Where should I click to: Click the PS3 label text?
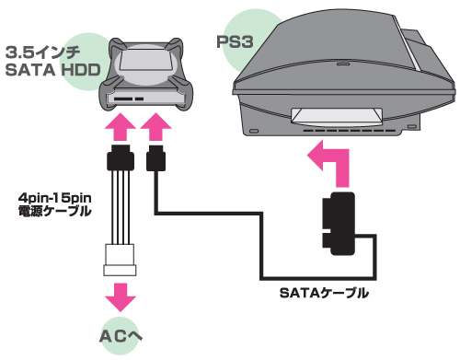[x=235, y=42]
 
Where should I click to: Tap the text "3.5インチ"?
[x=43, y=52]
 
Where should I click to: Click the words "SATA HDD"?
[x=53, y=70]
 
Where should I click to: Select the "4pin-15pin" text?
[x=55, y=198]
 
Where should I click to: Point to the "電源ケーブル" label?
[x=55, y=211]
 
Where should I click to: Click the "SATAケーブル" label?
[x=324, y=293]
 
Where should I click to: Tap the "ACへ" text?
[x=121, y=336]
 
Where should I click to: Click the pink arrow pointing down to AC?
[x=121, y=296]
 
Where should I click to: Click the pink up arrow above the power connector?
[x=121, y=126]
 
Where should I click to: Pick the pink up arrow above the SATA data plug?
[x=155, y=126]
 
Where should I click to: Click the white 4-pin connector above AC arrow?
[x=120, y=260]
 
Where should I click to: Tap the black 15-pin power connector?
[x=121, y=157]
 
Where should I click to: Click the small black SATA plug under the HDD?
[x=155, y=157]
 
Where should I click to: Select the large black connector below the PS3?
[x=339, y=224]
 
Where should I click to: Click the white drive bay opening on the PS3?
[x=337, y=117]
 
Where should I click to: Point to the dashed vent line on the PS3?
[x=349, y=131]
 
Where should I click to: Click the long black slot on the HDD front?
[x=123, y=99]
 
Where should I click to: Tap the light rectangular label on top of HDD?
[x=146, y=59]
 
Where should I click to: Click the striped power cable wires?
[x=121, y=207]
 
